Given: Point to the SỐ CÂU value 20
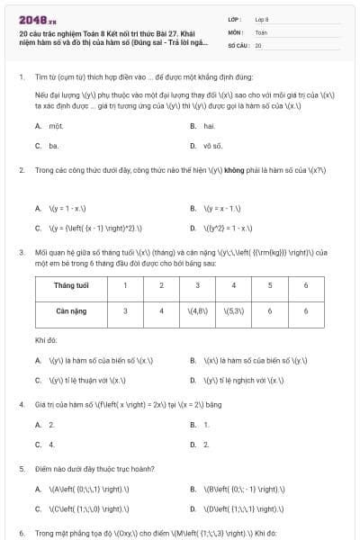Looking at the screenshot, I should [258, 44].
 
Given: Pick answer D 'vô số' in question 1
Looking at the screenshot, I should [212, 145].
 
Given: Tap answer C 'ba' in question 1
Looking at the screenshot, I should [54, 145].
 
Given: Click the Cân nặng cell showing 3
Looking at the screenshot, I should [126, 311].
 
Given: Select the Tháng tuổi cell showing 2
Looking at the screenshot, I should [161, 285].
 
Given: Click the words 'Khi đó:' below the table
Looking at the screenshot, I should [46, 341].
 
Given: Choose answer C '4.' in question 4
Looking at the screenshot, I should [52, 445].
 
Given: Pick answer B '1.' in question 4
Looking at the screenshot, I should [207, 424].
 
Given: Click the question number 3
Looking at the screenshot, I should [20, 252].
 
